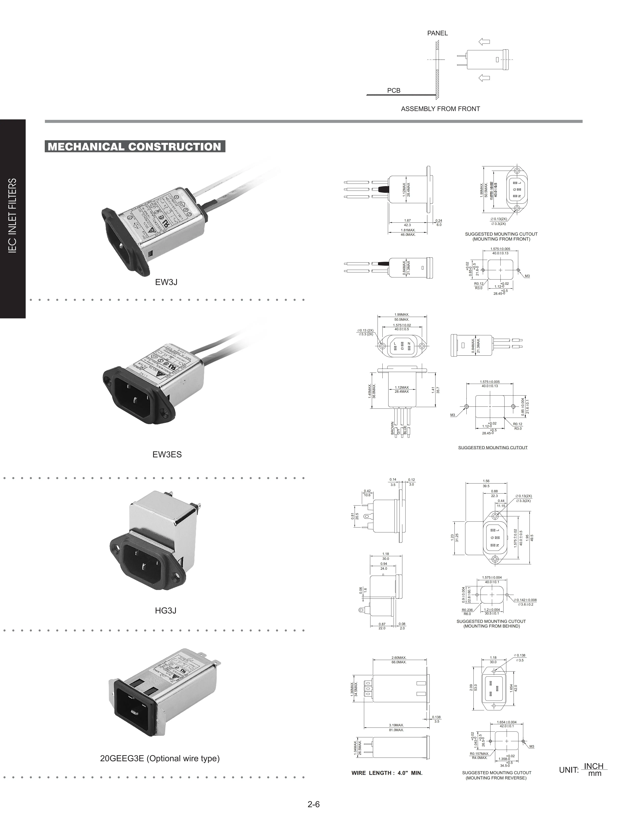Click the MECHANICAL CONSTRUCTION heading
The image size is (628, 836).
[x=135, y=147]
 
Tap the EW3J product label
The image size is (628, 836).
[x=166, y=282]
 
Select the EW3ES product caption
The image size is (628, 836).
[x=167, y=454]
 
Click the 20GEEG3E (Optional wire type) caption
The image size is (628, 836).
[x=160, y=758]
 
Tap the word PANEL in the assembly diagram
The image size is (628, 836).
[x=437, y=33]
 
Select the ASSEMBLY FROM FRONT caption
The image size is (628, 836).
[x=440, y=109]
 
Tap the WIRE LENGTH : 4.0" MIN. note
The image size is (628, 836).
[x=387, y=773]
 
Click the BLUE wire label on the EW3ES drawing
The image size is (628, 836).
[x=405, y=430]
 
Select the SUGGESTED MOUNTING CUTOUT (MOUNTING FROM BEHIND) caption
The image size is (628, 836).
[x=491, y=624]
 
